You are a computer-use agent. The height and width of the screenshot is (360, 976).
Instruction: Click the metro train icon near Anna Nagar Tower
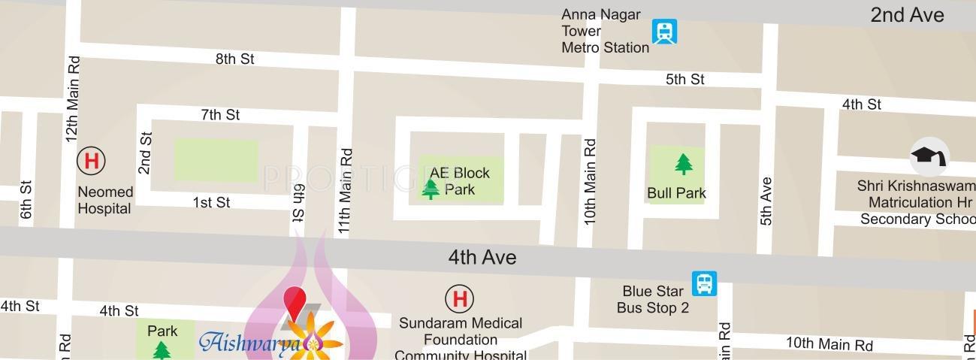coord(664,32)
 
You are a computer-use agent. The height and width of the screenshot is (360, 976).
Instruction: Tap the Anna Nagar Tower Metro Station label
coord(605,31)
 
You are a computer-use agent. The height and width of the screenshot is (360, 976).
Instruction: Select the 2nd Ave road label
coord(907,15)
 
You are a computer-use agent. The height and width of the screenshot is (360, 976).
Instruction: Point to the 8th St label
coord(235,59)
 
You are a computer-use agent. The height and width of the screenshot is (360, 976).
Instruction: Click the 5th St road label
coord(684,79)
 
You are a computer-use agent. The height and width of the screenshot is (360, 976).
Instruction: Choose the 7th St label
coord(220,114)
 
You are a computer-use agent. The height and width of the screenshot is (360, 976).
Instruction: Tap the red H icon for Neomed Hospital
coord(91,160)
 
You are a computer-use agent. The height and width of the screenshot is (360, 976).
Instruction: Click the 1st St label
coord(211,202)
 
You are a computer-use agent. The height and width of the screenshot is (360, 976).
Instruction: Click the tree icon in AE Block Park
coord(431,188)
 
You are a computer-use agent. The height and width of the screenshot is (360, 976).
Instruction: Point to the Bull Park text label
coord(676,193)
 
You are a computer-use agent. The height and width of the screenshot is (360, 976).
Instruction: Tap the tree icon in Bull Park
coord(683,163)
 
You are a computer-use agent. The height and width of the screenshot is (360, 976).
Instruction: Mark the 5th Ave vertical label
coord(766,201)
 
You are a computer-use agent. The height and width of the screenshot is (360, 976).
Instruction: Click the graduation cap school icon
coord(929,156)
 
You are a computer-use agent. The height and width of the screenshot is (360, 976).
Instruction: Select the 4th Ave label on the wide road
coord(482,257)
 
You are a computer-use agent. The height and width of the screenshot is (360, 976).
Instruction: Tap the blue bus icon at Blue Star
coord(704,283)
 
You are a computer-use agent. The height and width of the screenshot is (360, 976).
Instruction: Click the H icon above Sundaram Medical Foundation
coord(459,298)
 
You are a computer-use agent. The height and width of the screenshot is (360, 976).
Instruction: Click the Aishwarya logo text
coord(250,343)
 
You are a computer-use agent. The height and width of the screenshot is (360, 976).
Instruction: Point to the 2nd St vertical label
coord(146,153)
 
